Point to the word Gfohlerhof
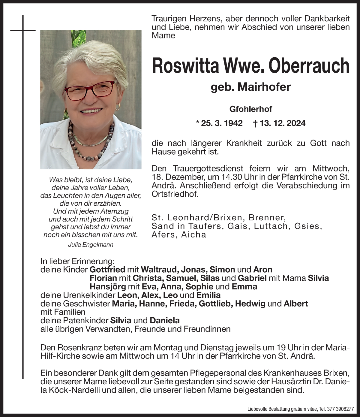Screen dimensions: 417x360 click(x=251, y=109)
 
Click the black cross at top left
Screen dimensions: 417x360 click(x=23, y=30)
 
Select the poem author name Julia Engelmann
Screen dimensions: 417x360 click(x=91, y=245)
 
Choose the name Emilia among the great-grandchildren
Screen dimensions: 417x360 click(x=208, y=295)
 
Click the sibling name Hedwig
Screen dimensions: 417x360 click(x=250, y=304)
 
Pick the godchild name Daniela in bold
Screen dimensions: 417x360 click(x=165, y=320)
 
